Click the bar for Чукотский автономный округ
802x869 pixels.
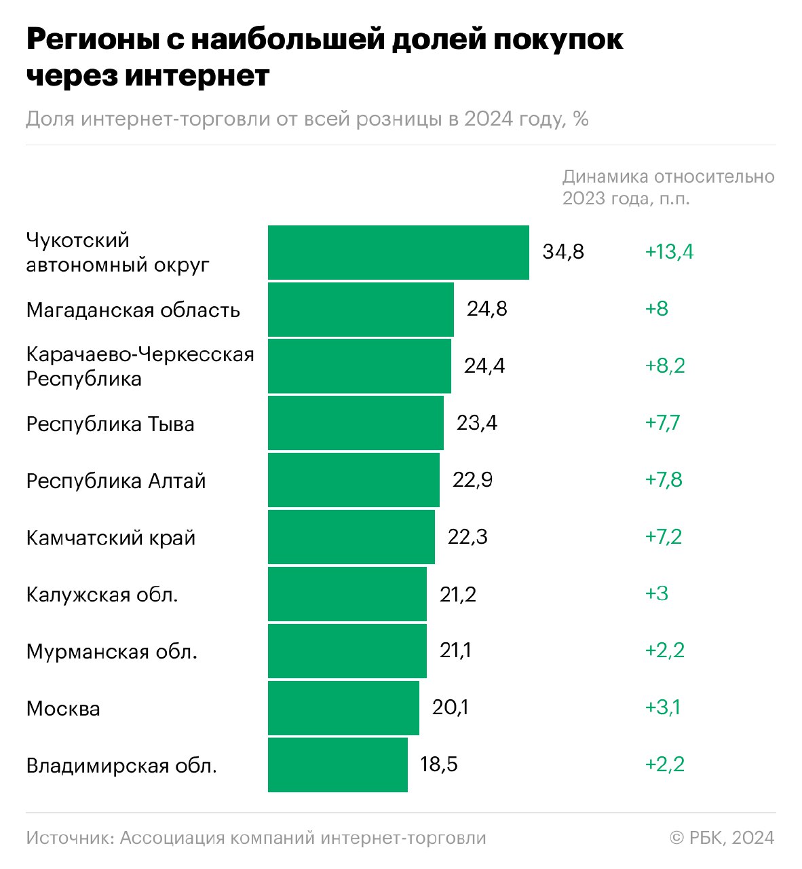[398, 253]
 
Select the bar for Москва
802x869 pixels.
[343, 708]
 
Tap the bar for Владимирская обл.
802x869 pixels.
[338, 765]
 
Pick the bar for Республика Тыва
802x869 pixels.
[356, 423]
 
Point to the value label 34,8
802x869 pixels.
[563, 252]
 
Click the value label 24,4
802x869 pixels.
[484, 366]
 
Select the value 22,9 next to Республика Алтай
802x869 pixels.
[473, 480]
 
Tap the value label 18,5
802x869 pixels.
[439, 764]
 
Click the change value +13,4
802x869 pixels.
[669, 252]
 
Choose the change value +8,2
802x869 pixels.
[665, 366]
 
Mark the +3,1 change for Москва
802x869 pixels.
[663, 707]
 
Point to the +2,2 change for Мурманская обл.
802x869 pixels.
[665, 650]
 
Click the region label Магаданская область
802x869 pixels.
[133, 310]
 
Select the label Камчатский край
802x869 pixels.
[111, 538]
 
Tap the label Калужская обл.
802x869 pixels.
[102, 595]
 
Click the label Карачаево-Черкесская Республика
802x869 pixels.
[140, 366]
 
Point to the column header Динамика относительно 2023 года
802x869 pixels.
[668, 187]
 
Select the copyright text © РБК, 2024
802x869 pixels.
[722, 838]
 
